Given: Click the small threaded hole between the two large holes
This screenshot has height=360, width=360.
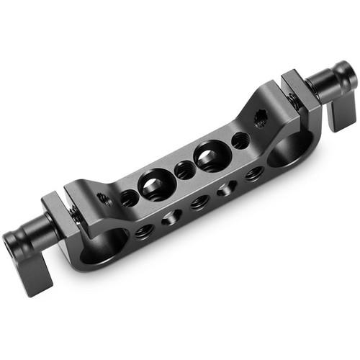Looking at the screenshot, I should click(184, 170).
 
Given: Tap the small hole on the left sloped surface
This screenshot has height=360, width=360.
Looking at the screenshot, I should click(105, 197).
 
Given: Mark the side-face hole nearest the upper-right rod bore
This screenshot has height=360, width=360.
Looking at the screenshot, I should click(253, 173).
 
